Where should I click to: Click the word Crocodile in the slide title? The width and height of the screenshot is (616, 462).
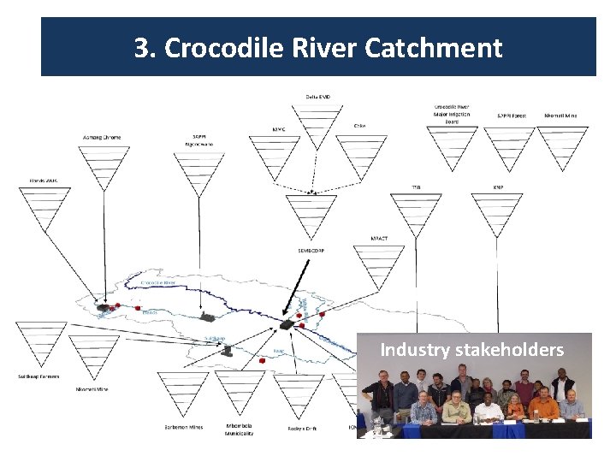pos(214,48)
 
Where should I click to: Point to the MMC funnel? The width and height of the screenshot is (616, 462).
pos(279,154)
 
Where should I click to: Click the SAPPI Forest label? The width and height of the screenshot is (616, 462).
pos(512,115)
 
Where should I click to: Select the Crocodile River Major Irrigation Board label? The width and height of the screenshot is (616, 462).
pos(452,114)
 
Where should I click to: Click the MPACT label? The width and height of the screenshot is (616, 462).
pos(379,238)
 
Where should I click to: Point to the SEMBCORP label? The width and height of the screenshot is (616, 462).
pos(311,250)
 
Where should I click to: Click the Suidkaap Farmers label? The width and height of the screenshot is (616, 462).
pos(38,377)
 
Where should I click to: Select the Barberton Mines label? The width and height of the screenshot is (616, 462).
pos(183,426)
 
